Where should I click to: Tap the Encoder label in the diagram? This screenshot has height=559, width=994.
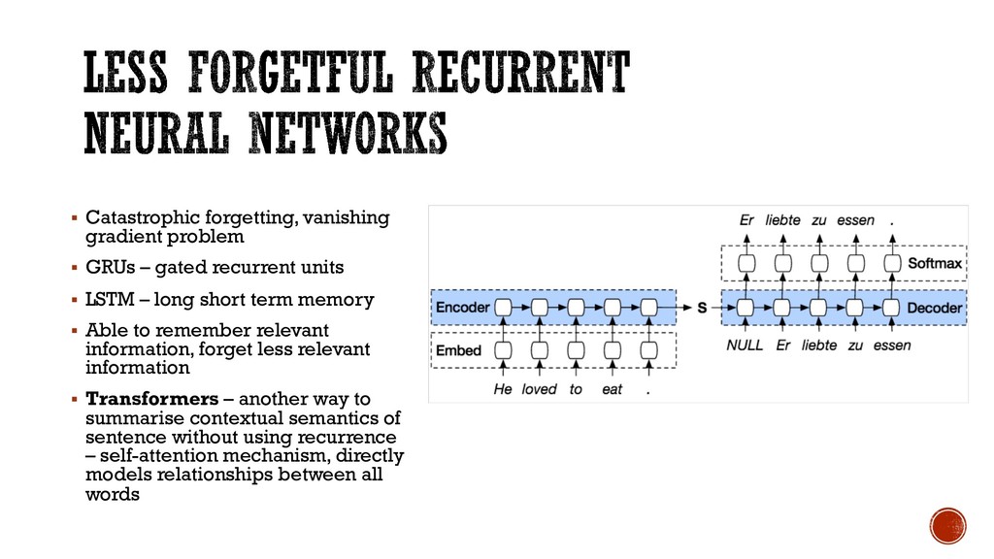pos(461,308)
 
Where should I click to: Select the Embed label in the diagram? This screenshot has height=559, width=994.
pos(457,349)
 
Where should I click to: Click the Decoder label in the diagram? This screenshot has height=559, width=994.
pos(934,308)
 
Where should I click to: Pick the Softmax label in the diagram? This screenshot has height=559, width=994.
pos(935,263)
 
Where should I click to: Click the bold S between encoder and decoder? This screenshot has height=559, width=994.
pos(701,308)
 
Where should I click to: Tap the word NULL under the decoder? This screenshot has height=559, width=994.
pos(745,345)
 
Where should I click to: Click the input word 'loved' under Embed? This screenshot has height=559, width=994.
pos(539,389)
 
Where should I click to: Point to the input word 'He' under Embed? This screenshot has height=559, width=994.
pos(503,389)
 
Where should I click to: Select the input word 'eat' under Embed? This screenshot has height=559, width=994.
pos(613,389)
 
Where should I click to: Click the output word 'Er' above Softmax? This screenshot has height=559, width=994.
pos(746,220)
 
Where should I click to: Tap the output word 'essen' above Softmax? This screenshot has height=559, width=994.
pos(855,220)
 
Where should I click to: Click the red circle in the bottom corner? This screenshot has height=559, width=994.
pos(947,526)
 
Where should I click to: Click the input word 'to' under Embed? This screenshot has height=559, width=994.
pos(577,389)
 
